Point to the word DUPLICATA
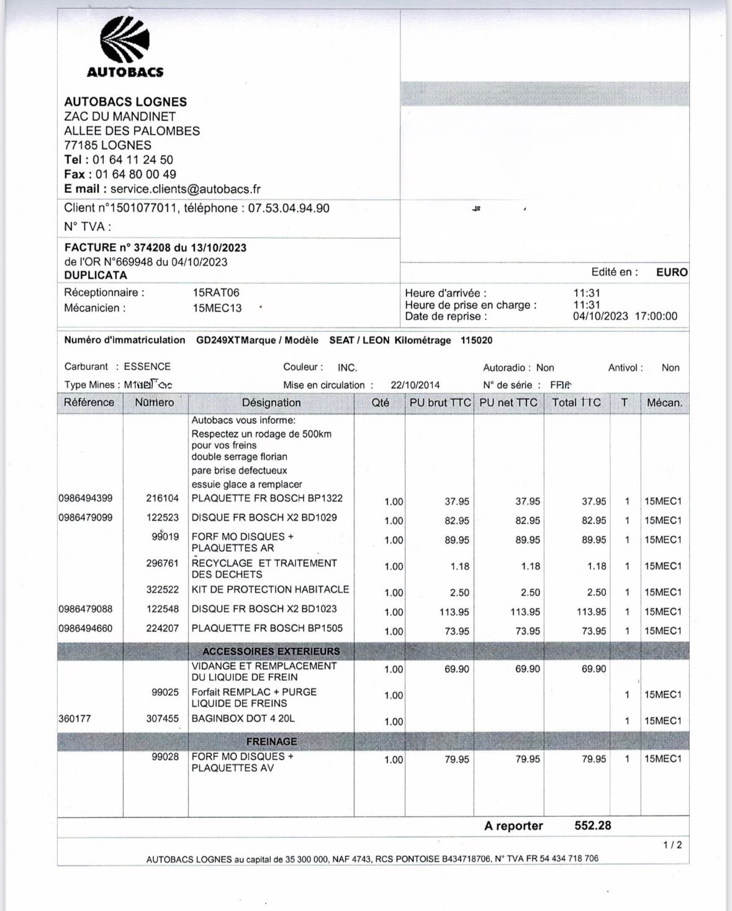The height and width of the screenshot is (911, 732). click(x=96, y=275)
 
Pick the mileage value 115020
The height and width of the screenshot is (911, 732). click(x=477, y=340)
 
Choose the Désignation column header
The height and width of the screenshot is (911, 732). click(x=271, y=403)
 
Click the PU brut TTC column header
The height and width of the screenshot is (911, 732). click(x=440, y=403)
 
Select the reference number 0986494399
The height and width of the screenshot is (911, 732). click(x=86, y=498)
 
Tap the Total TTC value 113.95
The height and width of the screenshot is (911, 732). click(x=591, y=612)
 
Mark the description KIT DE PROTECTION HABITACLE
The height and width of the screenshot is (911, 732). click(x=270, y=590)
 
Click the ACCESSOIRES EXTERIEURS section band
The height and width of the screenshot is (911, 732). click(x=271, y=651)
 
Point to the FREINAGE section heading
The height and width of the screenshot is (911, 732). click(x=271, y=741)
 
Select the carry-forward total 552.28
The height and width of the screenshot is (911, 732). click(x=592, y=826)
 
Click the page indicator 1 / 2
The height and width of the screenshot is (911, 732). click(x=672, y=845)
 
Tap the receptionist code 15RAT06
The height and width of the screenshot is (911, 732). click(x=216, y=292)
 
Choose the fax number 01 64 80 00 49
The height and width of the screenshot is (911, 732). click(x=134, y=174)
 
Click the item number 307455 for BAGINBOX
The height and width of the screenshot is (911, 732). click(x=163, y=719)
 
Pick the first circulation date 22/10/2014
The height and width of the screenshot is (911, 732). click(x=415, y=385)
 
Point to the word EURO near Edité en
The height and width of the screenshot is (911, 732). click(x=672, y=272)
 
